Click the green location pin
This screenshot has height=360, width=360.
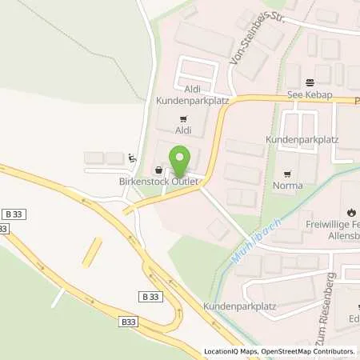click(x=180, y=160)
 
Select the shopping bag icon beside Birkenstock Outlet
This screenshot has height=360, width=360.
click(x=159, y=170)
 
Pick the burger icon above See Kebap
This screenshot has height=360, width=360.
click(x=310, y=82)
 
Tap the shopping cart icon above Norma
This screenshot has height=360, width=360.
click(x=288, y=174)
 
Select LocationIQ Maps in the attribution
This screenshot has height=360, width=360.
click(x=230, y=351)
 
